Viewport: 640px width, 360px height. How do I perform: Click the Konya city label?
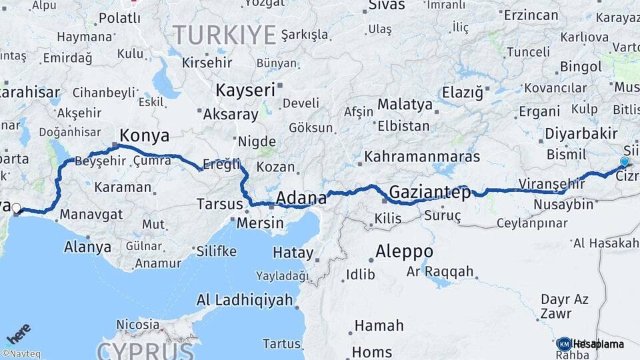144,136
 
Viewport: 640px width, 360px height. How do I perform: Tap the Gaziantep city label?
429,193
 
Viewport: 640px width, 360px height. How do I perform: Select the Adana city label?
301,197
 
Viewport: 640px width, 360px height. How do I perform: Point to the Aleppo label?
404,252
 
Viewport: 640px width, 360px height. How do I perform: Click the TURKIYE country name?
224,34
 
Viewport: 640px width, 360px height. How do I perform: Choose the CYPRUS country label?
145,350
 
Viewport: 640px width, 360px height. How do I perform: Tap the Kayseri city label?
245,89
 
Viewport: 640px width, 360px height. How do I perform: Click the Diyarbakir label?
581,133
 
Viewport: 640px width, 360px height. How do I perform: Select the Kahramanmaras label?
423,157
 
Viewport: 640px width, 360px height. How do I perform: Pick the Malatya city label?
405,104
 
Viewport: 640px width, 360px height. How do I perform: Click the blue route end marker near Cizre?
625,161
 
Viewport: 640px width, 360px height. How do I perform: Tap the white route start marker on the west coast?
16,208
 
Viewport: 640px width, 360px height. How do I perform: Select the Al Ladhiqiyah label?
245,300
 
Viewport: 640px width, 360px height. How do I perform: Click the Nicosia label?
137,325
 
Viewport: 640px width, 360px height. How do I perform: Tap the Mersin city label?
260,223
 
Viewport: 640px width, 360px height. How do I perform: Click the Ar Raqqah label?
440,271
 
